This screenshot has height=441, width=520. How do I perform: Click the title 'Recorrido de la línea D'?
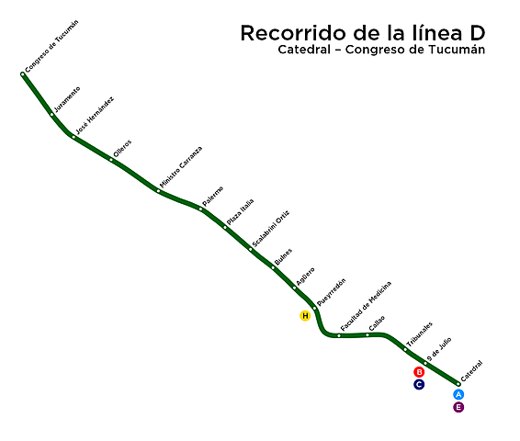point(363,33)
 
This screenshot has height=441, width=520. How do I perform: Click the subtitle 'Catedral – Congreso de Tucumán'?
point(380,51)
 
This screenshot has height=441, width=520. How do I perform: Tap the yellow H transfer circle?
point(305,316)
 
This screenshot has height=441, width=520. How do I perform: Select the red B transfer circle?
point(419,372)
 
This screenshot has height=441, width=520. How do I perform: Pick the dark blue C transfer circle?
point(419,384)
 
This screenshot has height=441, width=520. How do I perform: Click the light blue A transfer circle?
point(458,395)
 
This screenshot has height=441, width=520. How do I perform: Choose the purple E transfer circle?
point(458,407)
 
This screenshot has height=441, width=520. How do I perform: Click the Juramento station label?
point(67,98)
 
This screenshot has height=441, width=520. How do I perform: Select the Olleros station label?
point(122,148)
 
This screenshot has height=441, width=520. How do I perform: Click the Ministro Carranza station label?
point(181,167)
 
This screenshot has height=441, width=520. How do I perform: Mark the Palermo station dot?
point(200,209)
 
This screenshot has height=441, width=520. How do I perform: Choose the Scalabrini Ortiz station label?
point(270,229)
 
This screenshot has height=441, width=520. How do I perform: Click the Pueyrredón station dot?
point(314,309)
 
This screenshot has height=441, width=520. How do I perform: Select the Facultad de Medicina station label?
point(366,306)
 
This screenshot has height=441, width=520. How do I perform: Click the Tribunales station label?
point(419,334)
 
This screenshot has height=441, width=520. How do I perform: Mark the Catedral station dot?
point(458,383)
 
